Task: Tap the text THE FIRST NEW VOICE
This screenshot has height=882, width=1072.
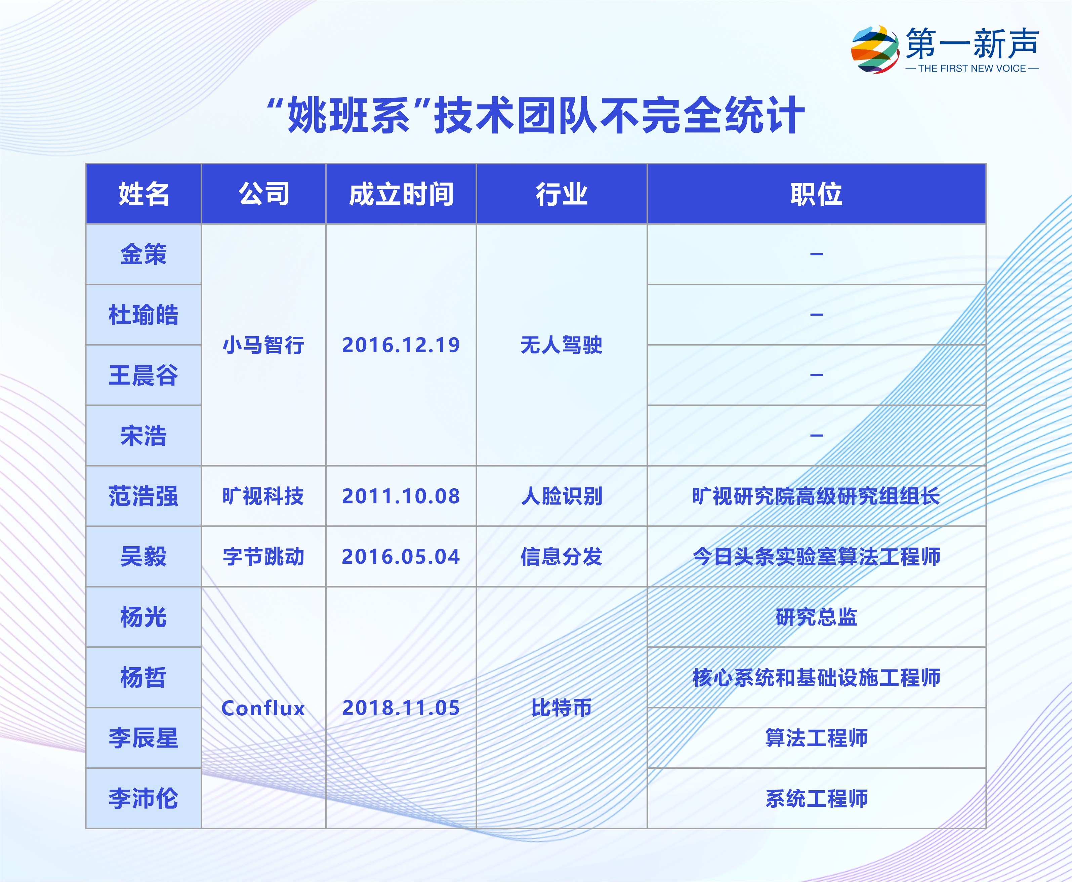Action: [x=972, y=69]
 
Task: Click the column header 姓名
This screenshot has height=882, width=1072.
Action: [x=144, y=194]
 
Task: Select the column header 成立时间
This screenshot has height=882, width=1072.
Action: [x=401, y=194]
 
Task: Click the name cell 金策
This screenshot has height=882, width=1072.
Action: [x=144, y=254]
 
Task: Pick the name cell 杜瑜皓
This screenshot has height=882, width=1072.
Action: [x=144, y=315]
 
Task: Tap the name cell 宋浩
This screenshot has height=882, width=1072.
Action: [x=144, y=435]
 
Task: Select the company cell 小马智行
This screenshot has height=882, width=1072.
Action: [x=263, y=345]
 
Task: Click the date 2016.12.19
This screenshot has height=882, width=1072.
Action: [x=401, y=345]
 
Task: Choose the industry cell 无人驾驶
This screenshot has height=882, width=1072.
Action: [x=562, y=345]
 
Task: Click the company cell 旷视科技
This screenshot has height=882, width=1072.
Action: [x=263, y=496]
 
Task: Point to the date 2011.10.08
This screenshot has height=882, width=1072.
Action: [x=401, y=496]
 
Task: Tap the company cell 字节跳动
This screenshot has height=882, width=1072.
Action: [x=263, y=556]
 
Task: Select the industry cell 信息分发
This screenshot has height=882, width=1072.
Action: [x=562, y=556]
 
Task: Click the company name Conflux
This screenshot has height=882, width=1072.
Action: [x=263, y=708]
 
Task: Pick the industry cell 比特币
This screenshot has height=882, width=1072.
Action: [x=562, y=708]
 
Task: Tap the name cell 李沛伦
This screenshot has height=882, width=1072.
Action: [x=144, y=798]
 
